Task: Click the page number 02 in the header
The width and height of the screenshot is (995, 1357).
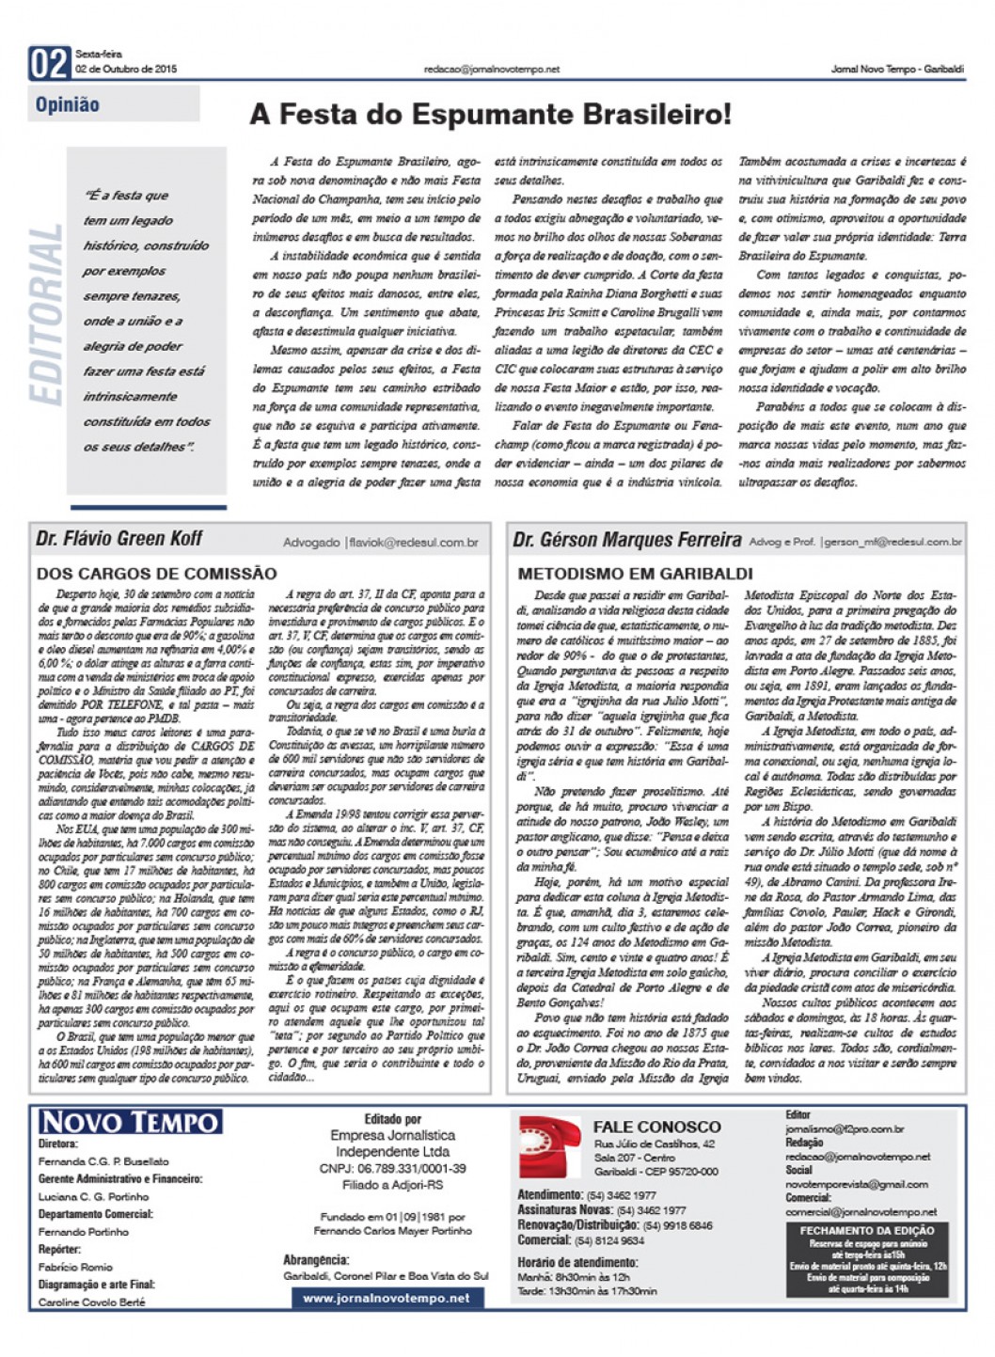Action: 50,63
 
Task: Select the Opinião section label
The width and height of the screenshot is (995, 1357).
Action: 68,104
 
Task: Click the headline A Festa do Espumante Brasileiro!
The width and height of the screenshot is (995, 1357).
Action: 490,115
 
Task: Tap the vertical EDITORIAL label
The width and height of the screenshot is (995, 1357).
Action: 47,315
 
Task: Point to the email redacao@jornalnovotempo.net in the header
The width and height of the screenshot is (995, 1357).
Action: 492,69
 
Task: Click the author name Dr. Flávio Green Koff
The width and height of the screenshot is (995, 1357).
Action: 119,539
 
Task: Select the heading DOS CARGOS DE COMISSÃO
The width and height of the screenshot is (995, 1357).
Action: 157,573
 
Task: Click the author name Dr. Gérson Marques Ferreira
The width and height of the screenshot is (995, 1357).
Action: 627,540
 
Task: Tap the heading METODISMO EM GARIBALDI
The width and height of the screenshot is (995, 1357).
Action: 636,573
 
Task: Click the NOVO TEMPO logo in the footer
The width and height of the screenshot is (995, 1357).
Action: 130,1122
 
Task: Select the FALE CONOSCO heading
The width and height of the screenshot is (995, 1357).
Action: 656,1127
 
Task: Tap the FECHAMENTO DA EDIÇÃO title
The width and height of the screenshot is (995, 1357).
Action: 867,1230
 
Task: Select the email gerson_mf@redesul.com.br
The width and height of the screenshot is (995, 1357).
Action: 892,543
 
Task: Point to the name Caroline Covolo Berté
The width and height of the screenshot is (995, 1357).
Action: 92,1302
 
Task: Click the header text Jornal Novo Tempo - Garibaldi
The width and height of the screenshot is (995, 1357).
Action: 897,69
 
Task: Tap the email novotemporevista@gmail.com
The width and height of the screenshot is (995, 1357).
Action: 857,1184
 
